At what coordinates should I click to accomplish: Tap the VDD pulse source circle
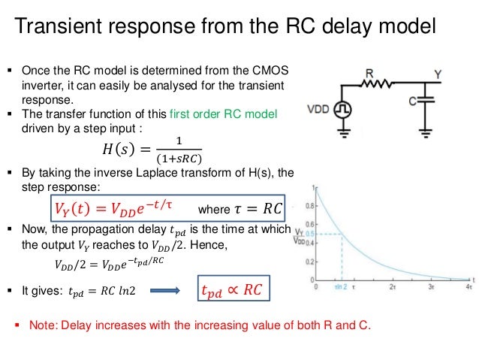coord(343,110)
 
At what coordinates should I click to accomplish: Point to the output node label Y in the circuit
coord(438,74)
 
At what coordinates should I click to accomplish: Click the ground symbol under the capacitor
coord(427,131)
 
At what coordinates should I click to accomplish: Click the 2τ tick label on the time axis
coord(392,287)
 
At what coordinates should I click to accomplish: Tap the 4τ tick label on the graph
coord(468,287)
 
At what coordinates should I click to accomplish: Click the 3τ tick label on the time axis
coord(430,287)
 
